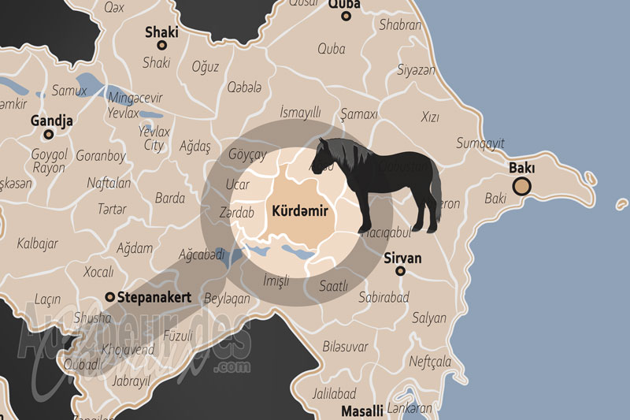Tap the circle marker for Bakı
pyautogui.click(x=521, y=187)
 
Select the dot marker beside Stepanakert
pyautogui.click(x=109, y=298)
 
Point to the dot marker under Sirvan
pyautogui.click(x=401, y=271)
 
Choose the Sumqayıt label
pyautogui.click(x=480, y=143)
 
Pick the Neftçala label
pyautogui.click(x=430, y=362)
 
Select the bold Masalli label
pyautogui.click(x=361, y=411)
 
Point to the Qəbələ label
pyautogui.click(x=245, y=87)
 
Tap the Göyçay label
pyautogui.click(x=246, y=154)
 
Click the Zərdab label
pyautogui.click(x=238, y=213)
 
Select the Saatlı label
pyautogui.click(x=333, y=287)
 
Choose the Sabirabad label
pyautogui.click(x=384, y=298)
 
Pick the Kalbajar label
pyautogui.click(x=38, y=243)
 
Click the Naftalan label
pyautogui.click(x=109, y=182)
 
